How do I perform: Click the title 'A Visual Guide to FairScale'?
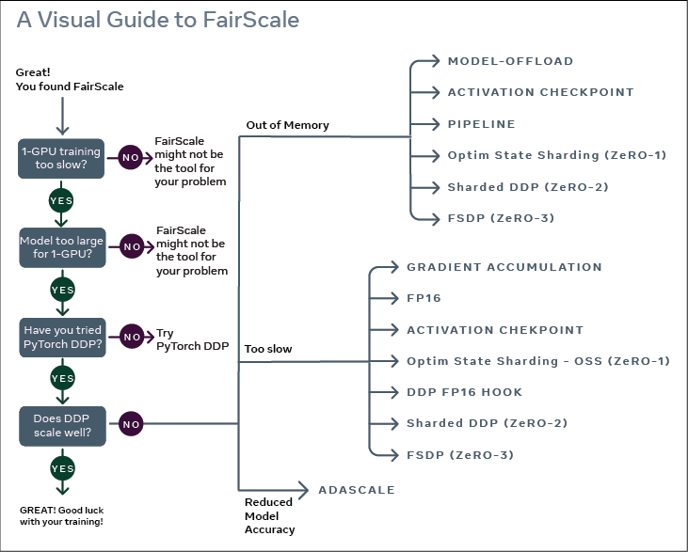pos(157,20)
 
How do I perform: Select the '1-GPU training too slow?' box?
pos(62,157)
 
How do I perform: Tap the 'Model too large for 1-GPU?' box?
pos(62,246)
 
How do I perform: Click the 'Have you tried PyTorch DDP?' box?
pos(62,335)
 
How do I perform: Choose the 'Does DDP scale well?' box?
pos(62,424)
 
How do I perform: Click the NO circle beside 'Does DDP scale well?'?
pos(130,424)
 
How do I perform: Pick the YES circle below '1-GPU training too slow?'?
pos(62,201)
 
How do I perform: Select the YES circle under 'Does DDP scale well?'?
pos(62,467)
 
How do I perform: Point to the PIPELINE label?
pos(481,124)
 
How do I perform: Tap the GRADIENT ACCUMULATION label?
pos(504,267)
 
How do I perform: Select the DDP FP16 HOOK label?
pos(464,392)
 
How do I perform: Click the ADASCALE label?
pos(356,490)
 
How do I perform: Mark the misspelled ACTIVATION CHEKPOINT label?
pos(495,330)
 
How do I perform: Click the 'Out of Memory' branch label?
pos(287,125)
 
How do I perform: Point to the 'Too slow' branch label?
pos(268,349)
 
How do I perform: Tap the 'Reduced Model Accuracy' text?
pos(269,515)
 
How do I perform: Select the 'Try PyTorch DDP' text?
pos(192,339)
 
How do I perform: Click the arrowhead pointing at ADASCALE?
pos(304,489)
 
